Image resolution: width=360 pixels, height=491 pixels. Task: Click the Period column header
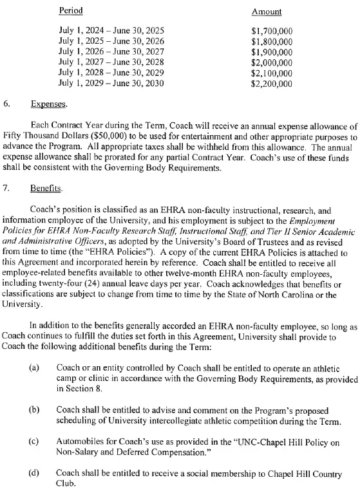tap(71, 11)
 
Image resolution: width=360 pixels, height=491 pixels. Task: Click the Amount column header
tap(266, 12)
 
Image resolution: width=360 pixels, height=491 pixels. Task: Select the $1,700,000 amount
tap(271, 30)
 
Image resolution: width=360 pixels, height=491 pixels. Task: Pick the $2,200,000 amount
tap(271, 83)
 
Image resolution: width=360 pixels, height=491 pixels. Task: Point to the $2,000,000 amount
tap(271, 62)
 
